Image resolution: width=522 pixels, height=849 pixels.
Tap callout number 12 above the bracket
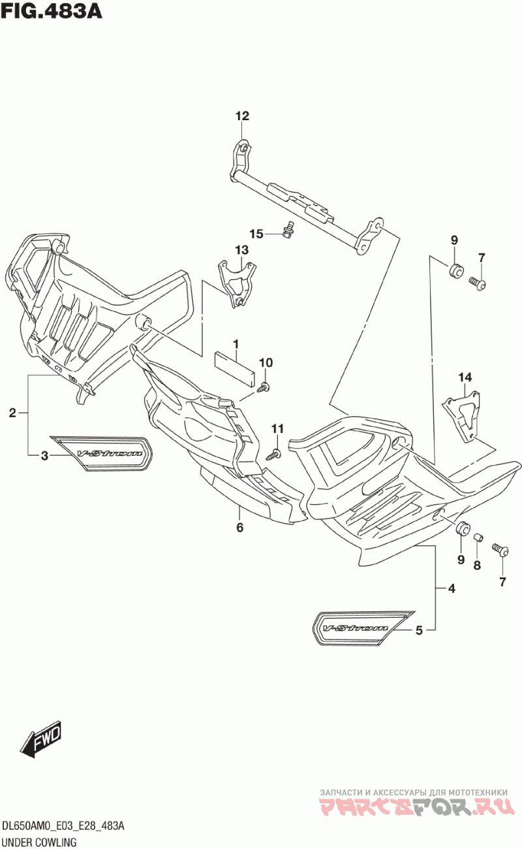243,116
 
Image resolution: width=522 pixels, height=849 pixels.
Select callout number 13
241,249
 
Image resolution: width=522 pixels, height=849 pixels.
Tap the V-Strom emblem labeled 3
102,453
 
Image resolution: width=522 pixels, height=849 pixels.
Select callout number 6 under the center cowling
239,527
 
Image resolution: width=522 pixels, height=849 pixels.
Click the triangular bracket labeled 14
461,417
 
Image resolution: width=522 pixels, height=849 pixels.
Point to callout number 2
12,413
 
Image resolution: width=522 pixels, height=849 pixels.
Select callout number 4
451,588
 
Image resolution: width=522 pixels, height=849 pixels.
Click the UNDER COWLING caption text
39,842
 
